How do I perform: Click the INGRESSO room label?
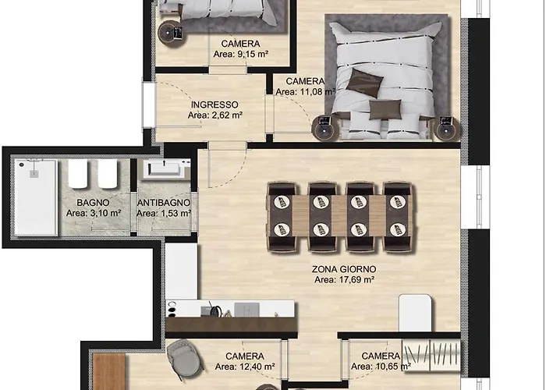click(x=214, y=105)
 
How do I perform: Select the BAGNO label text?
click(x=93, y=202)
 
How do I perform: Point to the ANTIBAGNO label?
click(x=164, y=202)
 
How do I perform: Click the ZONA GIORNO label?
click(x=344, y=269)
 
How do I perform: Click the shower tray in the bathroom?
click(x=36, y=197)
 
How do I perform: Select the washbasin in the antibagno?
click(x=165, y=169)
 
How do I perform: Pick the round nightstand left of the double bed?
click(x=324, y=128)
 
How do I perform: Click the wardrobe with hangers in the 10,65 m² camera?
click(x=431, y=354)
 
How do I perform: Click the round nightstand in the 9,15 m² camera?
click(x=171, y=33)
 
